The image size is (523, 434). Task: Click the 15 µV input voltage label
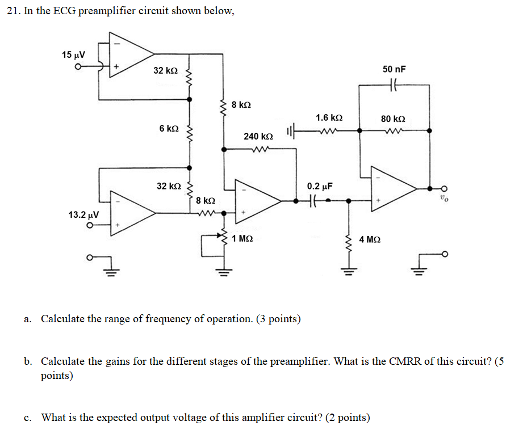73,55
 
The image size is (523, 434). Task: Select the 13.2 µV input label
83,215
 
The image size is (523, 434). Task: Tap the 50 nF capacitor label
394,69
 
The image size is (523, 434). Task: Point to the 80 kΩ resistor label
393,119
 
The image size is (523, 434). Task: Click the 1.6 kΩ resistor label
329,118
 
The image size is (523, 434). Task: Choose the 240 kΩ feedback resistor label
258,137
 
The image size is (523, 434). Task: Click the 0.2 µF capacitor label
319,186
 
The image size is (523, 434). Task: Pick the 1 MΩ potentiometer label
242,239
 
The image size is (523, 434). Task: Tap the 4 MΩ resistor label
370,239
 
